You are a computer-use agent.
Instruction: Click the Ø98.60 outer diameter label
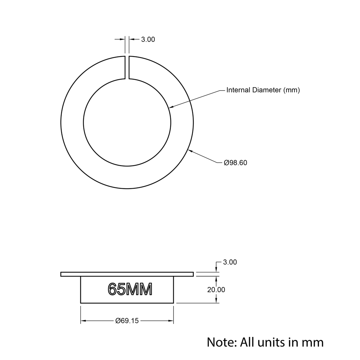tap(235, 163)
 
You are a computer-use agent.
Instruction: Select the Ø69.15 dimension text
tap(127, 321)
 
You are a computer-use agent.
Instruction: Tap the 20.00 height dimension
tap(216, 290)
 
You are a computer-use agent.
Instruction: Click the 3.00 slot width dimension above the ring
tap(148, 40)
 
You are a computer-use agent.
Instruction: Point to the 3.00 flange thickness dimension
tap(230, 262)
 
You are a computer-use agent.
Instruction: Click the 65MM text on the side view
tap(130, 289)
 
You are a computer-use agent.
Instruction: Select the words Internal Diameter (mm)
tap(263, 90)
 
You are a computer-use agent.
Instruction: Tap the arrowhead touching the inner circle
tap(171, 107)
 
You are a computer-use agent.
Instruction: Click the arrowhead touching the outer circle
tap(190, 151)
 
